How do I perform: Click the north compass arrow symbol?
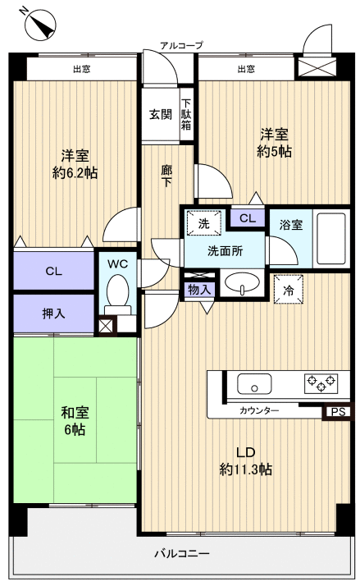tap(40, 25)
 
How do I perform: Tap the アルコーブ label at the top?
tap(181, 45)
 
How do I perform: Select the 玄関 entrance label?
tap(160, 114)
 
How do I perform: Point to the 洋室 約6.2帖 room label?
tap(76, 164)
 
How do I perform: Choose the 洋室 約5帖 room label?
tap(275, 143)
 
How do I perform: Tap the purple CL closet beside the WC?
tap(53, 271)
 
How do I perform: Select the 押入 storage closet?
tap(53, 314)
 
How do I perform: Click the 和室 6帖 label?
tap(73, 421)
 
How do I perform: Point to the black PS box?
tap(336, 413)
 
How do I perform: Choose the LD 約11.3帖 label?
tap(245, 461)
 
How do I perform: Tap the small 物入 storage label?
tap(199, 289)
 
